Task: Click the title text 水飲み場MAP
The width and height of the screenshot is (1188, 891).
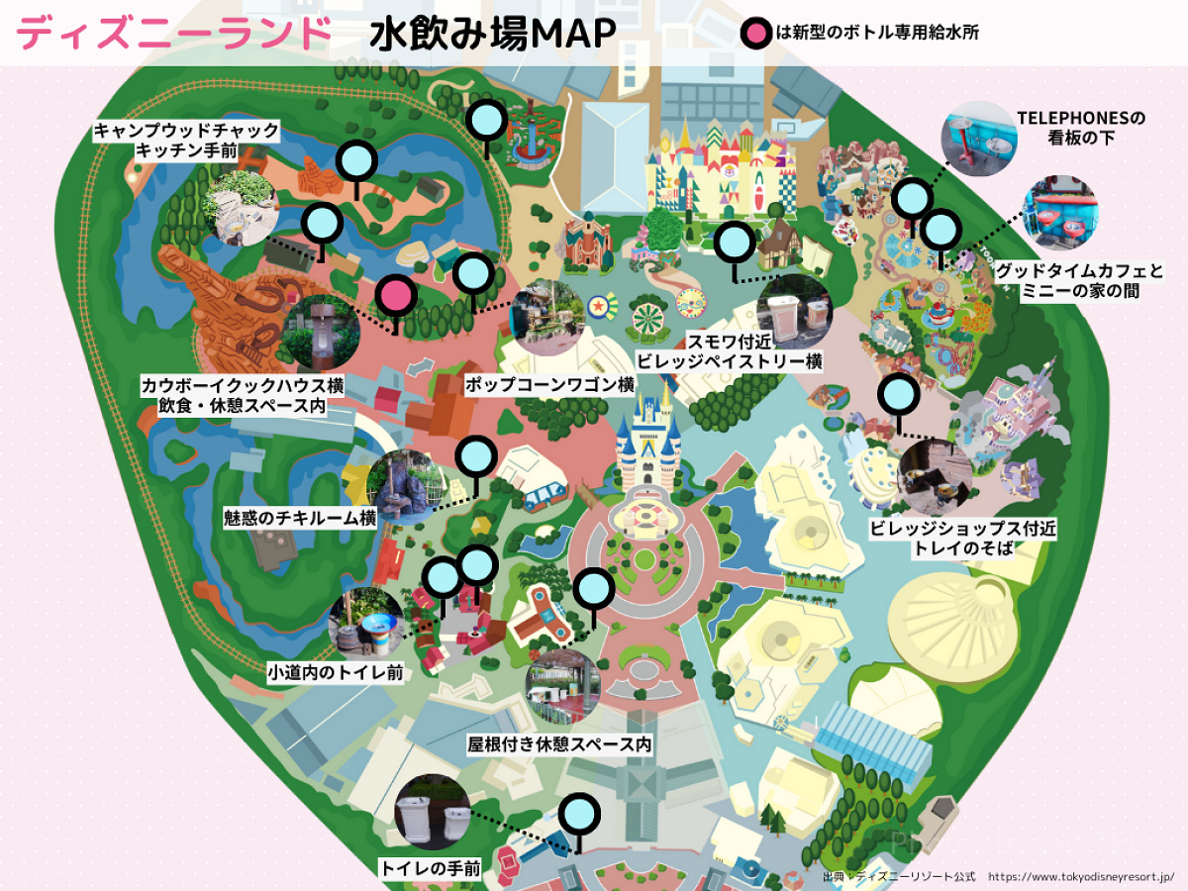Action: pyautogui.click(x=492, y=35)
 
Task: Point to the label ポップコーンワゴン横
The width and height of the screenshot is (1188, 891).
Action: pyautogui.click(x=548, y=384)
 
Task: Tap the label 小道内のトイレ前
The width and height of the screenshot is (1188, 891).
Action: pyautogui.click(x=335, y=672)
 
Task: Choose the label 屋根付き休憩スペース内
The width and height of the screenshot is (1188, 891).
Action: pyautogui.click(x=559, y=744)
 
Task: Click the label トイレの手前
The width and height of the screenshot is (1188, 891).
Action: pyautogui.click(x=431, y=869)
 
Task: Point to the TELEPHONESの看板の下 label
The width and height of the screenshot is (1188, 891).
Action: pyautogui.click(x=1081, y=128)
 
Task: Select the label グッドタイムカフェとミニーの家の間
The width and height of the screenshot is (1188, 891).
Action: pyautogui.click(x=1079, y=279)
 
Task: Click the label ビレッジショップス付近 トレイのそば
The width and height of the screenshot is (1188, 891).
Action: pyautogui.click(x=962, y=537)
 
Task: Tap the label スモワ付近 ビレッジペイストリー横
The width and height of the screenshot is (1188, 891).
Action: pyautogui.click(x=730, y=351)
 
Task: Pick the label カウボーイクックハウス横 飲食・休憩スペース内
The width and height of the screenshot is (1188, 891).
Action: pyautogui.click(x=242, y=394)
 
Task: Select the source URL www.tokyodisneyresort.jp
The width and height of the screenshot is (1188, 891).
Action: pyautogui.click(x=1081, y=877)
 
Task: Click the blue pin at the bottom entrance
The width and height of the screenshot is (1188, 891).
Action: pyautogui.click(x=579, y=816)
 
